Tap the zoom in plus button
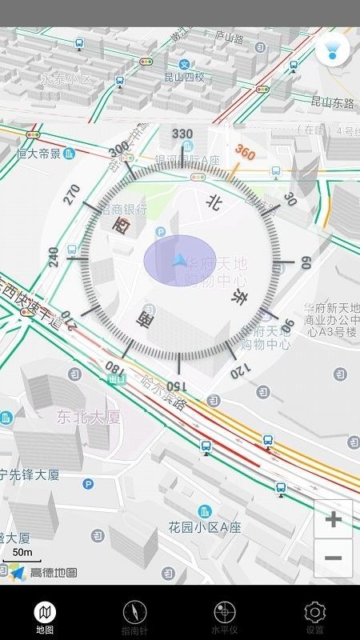(x=333, y=520)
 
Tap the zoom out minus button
(x=333, y=558)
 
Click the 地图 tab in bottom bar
(x=45, y=618)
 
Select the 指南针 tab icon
(x=134, y=618)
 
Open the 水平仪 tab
(x=225, y=618)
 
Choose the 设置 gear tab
(x=315, y=618)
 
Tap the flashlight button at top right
(x=332, y=50)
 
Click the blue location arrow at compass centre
(x=179, y=260)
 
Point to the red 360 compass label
(x=244, y=152)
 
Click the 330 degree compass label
(x=182, y=134)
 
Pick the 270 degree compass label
(x=73, y=195)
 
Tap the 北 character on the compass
(x=213, y=202)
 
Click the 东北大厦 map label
(x=88, y=416)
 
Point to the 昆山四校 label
(x=184, y=78)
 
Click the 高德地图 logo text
(x=53, y=572)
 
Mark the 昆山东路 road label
(x=332, y=102)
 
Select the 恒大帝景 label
(x=38, y=153)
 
